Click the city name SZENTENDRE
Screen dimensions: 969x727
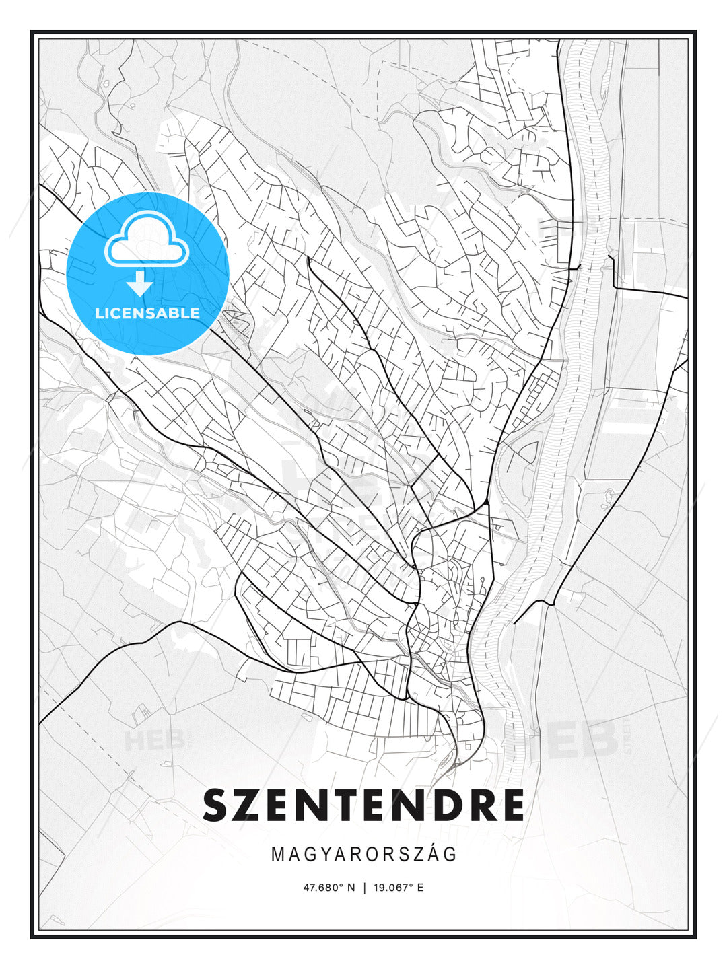[363, 805]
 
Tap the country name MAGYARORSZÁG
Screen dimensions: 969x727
[363, 855]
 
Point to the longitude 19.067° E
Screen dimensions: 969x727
[398, 888]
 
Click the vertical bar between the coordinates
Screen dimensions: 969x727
[364, 888]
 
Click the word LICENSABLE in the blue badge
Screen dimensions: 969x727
[147, 313]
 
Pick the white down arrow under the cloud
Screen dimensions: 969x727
[140, 283]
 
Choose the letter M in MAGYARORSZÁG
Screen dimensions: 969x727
[277, 855]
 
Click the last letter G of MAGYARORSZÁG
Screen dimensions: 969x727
[450, 855]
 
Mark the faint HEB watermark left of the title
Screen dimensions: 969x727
[153, 741]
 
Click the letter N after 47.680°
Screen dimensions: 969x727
[351, 888]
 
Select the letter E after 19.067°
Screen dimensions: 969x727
[420, 888]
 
